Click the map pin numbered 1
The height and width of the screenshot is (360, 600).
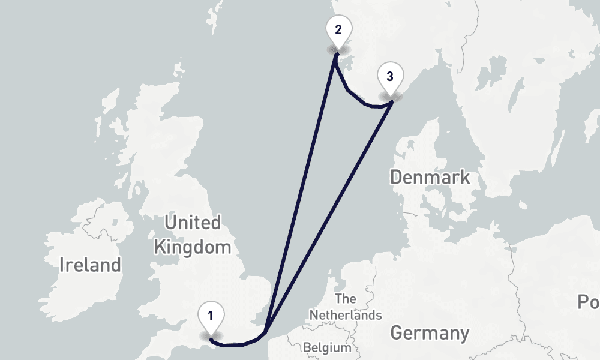click(211, 317)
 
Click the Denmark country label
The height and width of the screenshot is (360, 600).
click(430, 178)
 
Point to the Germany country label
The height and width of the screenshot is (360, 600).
click(430, 333)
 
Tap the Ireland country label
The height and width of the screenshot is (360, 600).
click(90, 264)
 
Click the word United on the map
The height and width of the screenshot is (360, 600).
click(192, 223)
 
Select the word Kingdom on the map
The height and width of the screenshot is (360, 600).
click(192, 247)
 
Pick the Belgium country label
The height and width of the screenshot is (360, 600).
click(327, 347)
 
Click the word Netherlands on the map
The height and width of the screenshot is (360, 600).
click(346, 315)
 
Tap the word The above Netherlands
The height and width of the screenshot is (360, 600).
click(346, 299)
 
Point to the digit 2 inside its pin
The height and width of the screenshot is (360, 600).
click(338, 29)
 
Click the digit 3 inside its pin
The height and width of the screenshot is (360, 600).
click(390, 76)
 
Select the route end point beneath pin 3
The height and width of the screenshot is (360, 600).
click(391, 102)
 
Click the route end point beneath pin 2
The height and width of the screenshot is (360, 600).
click(337, 54)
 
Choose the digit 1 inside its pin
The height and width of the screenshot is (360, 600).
click(211, 314)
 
